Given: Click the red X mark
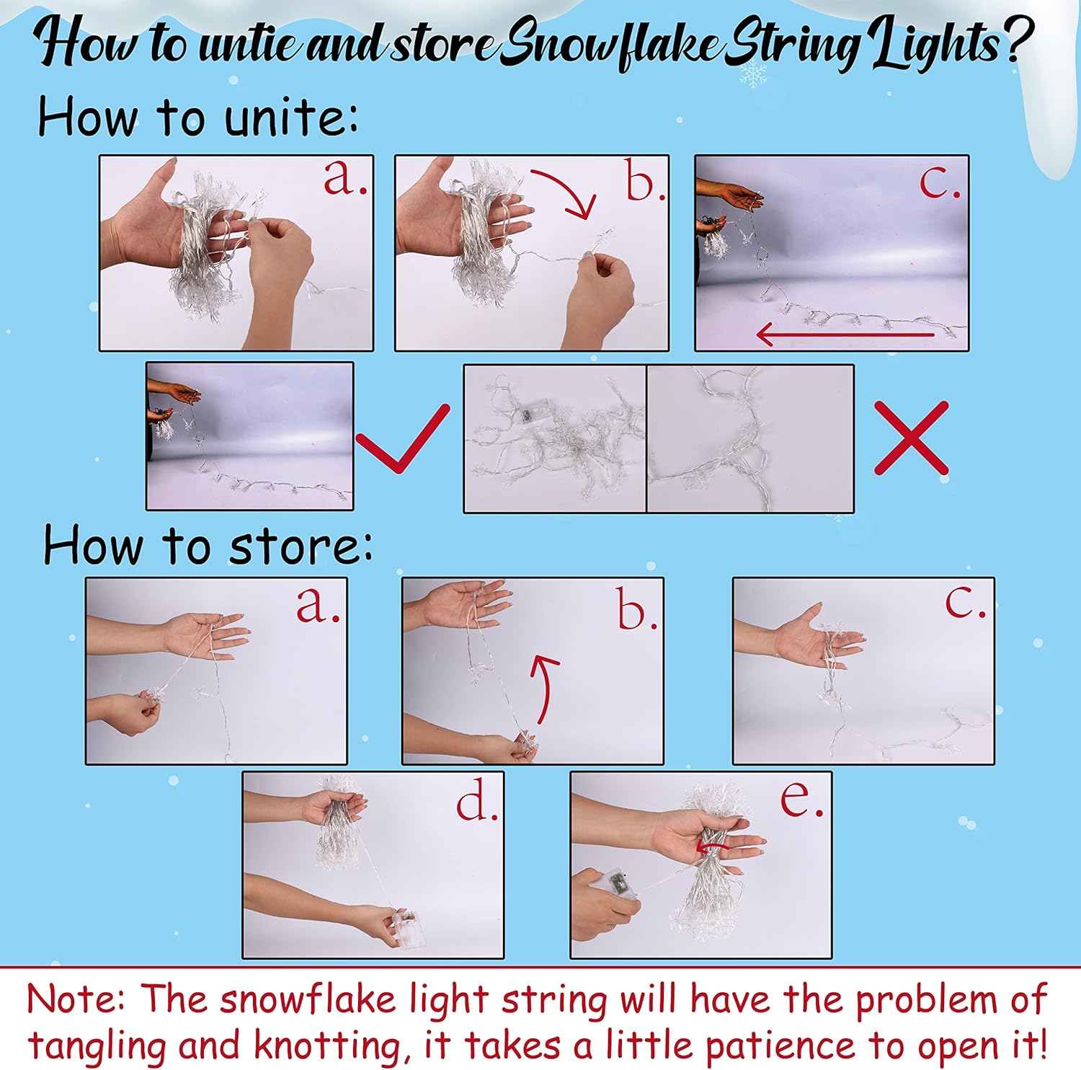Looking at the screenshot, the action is (x=912, y=438).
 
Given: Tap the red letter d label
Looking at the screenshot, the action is (x=476, y=802).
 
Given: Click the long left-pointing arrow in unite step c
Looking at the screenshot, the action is (x=845, y=334).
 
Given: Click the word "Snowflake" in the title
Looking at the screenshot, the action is (x=610, y=45).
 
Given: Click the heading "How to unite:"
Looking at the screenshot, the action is (x=197, y=117).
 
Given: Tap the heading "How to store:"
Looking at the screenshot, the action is (x=208, y=545).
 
